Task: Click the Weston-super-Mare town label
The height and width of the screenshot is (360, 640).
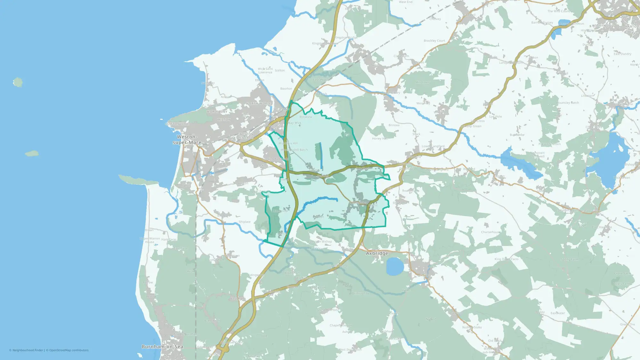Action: tap(187, 140)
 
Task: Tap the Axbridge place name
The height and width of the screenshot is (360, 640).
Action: tap(377, 253)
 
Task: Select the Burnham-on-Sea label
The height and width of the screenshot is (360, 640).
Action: tap(162, 347)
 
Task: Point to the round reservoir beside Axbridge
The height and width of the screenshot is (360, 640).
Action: tap(395, 266)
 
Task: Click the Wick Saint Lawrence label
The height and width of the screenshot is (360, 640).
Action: tap(265, 71)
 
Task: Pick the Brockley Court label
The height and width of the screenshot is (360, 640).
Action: tap(434, 41)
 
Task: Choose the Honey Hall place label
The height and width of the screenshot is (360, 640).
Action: tap(380, 139)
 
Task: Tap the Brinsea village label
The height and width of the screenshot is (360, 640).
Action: tap(394, 125)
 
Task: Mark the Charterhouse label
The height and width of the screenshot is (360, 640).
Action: tap(491, 232)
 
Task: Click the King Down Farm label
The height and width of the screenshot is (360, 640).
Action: tap(506, 259)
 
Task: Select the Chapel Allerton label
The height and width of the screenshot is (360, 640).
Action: tap(341, 325)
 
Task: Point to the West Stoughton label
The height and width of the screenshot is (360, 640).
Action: tap(350, 350)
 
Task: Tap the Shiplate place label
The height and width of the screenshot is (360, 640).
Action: tap(244, 222)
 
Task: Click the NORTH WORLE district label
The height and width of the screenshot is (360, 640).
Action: tap(259, 104)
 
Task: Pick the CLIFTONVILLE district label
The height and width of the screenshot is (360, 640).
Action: tap(177, 124)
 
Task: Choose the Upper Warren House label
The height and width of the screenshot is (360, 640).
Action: tap(149, 240)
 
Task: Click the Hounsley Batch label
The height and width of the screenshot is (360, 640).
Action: tap(567, 103)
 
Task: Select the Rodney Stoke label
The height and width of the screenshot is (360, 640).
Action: tap(472, 327)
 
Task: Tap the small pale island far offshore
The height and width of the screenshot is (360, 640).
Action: tap(18, 82)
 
